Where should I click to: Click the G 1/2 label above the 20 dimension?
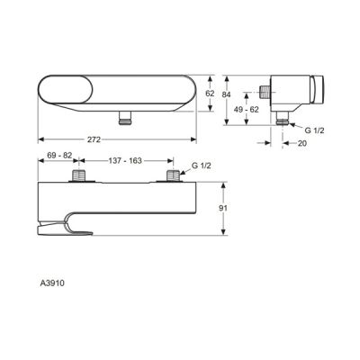(x=314, y=130)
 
